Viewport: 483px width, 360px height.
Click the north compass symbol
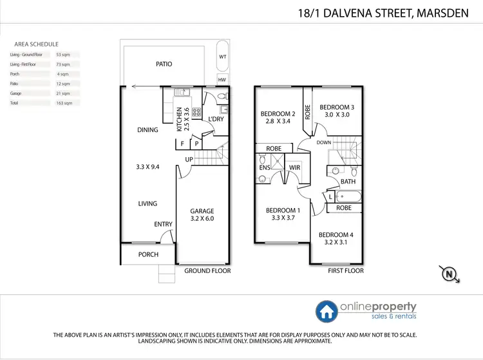[448, 274]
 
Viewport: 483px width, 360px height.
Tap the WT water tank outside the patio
[222, 56]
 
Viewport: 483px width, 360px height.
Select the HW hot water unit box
[222, 80]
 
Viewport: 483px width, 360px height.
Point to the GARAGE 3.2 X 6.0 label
[202, 214]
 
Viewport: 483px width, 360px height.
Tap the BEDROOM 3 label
[337, 111]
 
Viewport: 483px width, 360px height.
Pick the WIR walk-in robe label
[296, 168]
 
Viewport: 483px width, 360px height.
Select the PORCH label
[149, 254]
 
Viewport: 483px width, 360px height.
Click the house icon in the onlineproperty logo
[325, 310]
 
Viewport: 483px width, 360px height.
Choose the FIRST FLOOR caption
[345, 271]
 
